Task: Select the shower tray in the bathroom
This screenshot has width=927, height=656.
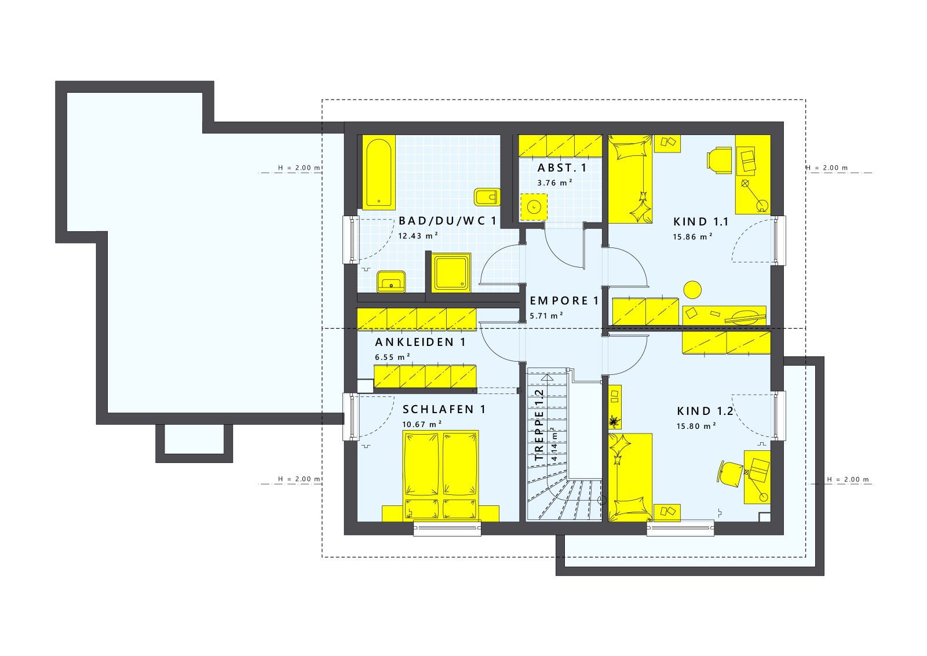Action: pos(451,273)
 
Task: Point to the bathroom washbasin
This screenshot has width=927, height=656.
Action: pos(392,282)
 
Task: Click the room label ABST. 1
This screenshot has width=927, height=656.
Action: pos(561,168)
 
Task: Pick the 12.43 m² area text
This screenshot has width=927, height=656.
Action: pos(418,236)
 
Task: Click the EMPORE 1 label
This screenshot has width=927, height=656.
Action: pos(564,301)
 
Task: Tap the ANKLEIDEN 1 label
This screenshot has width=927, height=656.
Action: pos(420,342)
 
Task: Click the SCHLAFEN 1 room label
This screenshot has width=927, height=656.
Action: pos(444,409)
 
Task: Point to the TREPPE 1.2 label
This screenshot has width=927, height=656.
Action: pos(539,425)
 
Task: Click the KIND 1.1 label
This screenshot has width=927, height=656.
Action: pos(700,221)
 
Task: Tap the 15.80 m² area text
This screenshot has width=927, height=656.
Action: pos(696,426)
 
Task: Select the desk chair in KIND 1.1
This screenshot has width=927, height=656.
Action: pos(719,160)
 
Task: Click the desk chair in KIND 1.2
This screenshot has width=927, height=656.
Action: pos(730,472)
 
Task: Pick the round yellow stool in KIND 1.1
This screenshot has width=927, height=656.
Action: pos(692,289)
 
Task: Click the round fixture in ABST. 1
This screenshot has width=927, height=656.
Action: pos(533,206)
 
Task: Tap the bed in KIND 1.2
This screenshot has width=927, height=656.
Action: pos(630,476)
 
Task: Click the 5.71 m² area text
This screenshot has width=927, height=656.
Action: pos(546,316)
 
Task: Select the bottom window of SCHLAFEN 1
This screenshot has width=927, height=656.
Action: pos(447,527)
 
